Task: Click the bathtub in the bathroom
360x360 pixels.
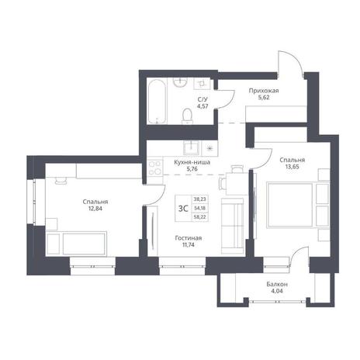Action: tap(157, 102)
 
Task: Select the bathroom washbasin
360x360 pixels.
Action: tap(180, 83)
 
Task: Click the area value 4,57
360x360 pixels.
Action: tap(202, 106)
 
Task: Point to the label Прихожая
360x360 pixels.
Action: tap(264, 91)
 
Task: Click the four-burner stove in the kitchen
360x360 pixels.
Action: tap(155, 168)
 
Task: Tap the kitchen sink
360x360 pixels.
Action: tap(192, 147)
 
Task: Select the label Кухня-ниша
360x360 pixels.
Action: tap(192, 162)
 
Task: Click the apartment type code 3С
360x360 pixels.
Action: tap(183, 209)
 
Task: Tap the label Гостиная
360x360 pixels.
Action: tap(189, 238)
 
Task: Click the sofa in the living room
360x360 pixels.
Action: tap(233, 226)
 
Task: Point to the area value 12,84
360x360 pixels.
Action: tap(95, 209)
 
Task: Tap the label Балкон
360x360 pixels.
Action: tap(277, 284)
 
